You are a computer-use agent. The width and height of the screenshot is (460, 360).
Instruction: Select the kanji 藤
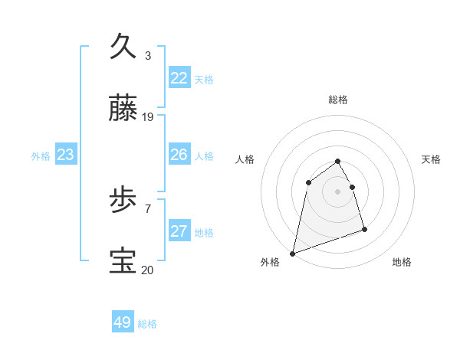pyautogui.click(x=123, y=109)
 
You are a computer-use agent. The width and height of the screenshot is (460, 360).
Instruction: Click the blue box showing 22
pyautogui.click(x=179, y=78)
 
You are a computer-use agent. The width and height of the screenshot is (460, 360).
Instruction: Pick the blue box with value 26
pyautogui.click(x=179, y=155)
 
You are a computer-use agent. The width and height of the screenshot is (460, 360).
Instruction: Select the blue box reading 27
pyautogui.click(x=179, y=231)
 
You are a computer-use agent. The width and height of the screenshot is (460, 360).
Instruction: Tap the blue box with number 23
pyautogui.click(x=66, y=155)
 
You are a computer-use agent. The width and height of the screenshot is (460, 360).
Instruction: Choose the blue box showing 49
pyautogui.click(x=123, y=322)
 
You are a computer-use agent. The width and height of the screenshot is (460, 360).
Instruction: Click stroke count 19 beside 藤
pyautogui.click(x=148, y=117)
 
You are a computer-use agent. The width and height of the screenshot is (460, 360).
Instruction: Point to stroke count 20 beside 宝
pyautogui.click(x=148, y=270)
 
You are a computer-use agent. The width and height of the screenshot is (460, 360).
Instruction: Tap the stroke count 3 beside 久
pyautogui.click(x=148, y=55)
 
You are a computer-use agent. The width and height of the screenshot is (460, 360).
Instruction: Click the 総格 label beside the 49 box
pyautogui.click(x=147, y=324)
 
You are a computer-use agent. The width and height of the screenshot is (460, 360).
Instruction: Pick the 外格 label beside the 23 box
pyautogui.click(x=41, y=156)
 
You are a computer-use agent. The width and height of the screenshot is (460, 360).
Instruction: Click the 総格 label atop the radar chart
pyautogui.click(x=338, y=100)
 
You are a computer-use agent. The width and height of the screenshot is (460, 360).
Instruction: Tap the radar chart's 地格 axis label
pyautogui.click(x=402, y=262)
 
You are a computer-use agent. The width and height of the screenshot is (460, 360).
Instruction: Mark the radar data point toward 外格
pyautogui.click(x=292, y=253)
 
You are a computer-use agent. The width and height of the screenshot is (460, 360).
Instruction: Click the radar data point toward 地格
pyautogui.click(x=364, y=229)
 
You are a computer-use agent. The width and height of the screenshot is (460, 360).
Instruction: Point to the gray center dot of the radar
pyautogui.click(x=338, y=191)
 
